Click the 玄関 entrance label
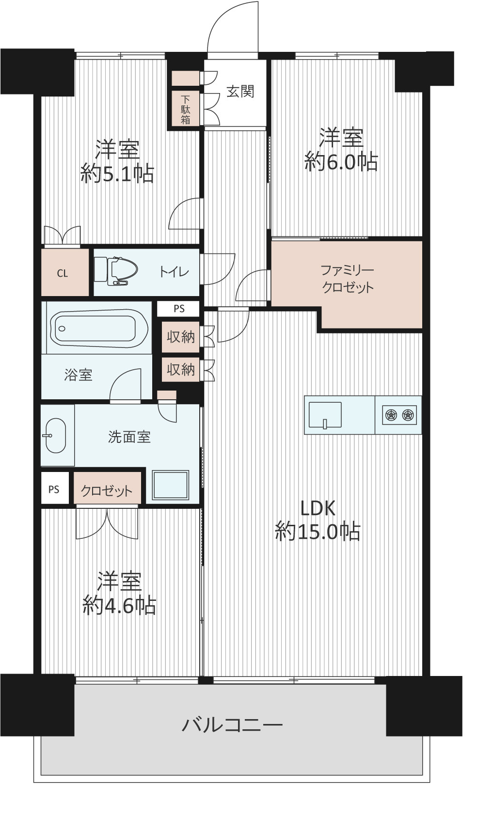coord(240,91)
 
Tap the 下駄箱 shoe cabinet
coord(186,108)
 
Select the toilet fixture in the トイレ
coord(116,271)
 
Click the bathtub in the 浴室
coord(99,328)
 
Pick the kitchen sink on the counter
coord(325,415)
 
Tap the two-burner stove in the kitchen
coord(399,415)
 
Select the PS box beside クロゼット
coord(54,489)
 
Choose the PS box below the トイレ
coord(179,309)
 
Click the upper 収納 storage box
coord(181,337)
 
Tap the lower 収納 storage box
coord(181,370)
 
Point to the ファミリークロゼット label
coord(347,279)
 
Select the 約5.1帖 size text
coord(117,173)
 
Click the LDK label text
coord(318,508)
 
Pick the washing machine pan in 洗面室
coord(171,485)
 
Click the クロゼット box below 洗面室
coord(107,488)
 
